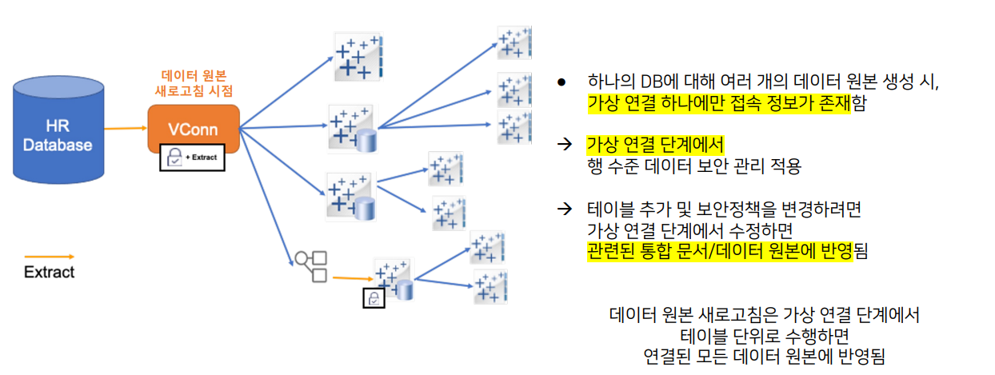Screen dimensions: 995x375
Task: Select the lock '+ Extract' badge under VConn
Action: click(193, 158)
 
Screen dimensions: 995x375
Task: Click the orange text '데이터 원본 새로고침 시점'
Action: click(194, 83)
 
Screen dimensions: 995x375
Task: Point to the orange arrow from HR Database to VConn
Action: click(125, 128)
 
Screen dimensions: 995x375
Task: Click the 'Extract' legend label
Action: click(50, 272)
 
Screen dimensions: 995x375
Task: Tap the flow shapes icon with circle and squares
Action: click(311, 266)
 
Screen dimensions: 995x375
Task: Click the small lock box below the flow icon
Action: click(374, 297)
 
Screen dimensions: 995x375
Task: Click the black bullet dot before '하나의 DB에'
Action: click(561, 83)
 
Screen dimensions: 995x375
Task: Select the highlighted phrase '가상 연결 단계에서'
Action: click(655, 145)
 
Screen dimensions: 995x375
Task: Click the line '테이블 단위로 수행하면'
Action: click(764, 335)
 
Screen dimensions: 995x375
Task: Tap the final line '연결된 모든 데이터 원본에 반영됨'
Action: click(764, 356)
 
